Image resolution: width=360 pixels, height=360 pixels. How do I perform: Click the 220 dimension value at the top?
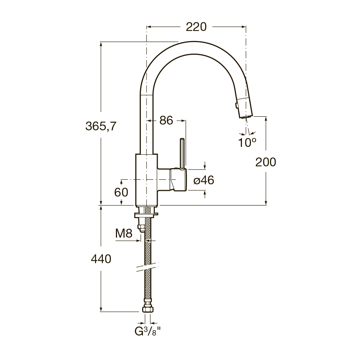click(196, 27)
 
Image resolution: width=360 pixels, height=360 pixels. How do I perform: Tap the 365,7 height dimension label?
click(101, 126)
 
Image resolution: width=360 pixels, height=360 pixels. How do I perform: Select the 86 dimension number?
click(166, 120)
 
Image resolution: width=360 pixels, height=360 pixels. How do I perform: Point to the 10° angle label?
click(247, 143)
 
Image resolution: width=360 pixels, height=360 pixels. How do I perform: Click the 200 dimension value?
click(266, 162)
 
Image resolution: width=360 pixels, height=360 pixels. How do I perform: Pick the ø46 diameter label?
click(204, 180)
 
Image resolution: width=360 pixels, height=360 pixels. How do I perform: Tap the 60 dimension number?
click(121, 192)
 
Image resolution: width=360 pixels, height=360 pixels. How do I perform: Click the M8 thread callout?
click(124, 234)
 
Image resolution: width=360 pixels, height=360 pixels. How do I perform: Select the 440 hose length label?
click(101, 259)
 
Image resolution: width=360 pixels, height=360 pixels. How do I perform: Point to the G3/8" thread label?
click(147, 331)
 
